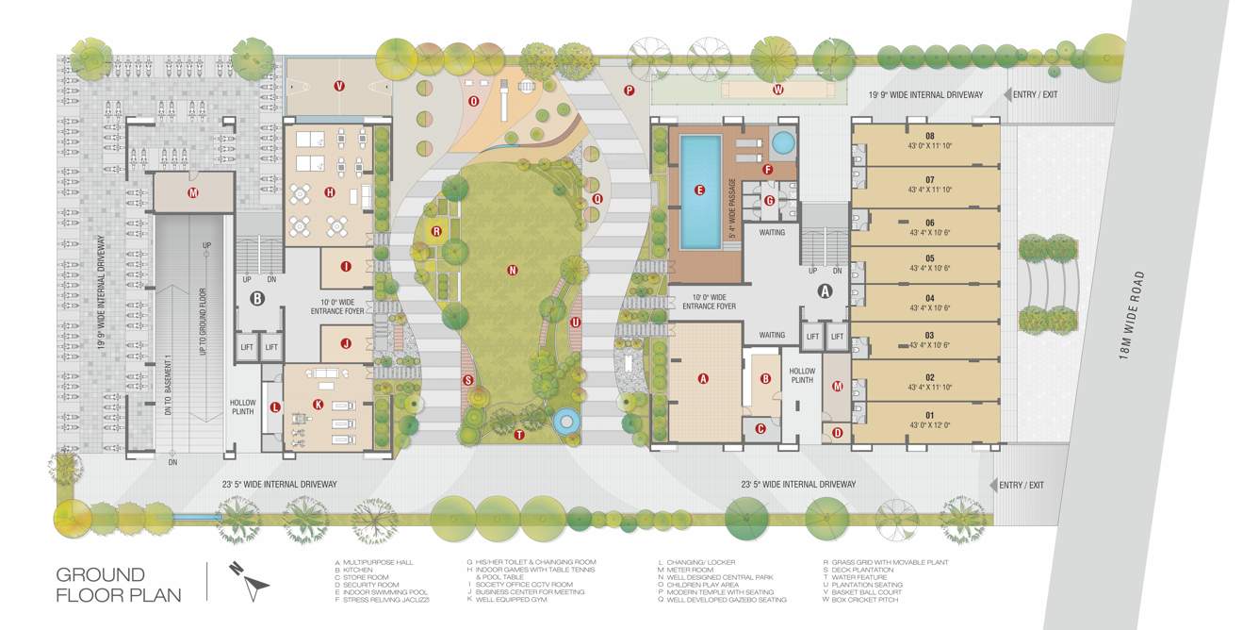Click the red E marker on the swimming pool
click(x=699, y=190)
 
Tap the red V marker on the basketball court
click(x=338, y=86)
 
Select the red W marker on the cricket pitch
click(x=777, y=91)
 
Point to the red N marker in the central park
click(x=513, y=271)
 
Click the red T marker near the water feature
click(x=518, y=434)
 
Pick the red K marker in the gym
click(x=319, y=405)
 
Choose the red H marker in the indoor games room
click(x=330, y=192)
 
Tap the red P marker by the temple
click(x=629, y=91)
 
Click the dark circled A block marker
click(x=826, y=291)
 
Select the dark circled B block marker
click(x=256, y=299)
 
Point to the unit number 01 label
click(x=928, y=415)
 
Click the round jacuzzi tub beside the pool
click(x=781, y=142)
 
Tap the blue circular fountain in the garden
click(x=566, y=420)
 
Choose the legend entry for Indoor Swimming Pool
click(x=376, y=592)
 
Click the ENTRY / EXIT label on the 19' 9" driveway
click(x=1033, y=94)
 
